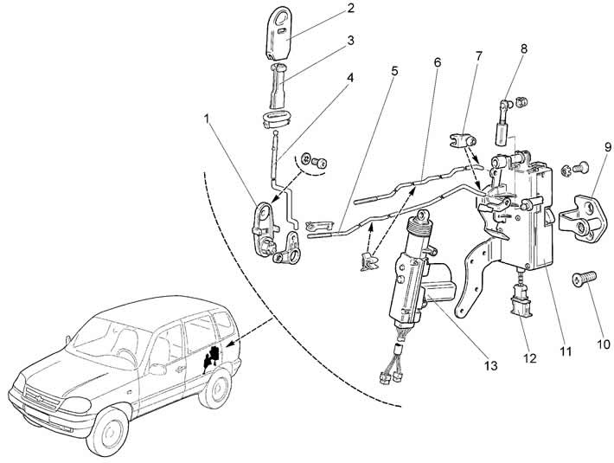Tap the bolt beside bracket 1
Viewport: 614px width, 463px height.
coord(320,162)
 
